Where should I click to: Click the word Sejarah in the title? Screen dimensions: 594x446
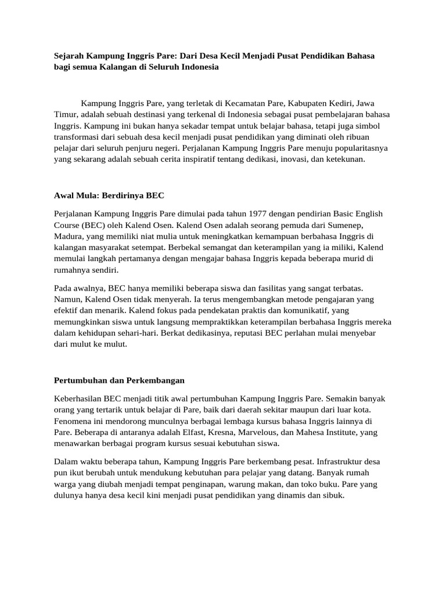[x=69, y=56]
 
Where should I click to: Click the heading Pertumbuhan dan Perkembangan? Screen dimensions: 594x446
[x=119, y=380]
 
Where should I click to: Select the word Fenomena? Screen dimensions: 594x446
[x=75, y=421]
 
